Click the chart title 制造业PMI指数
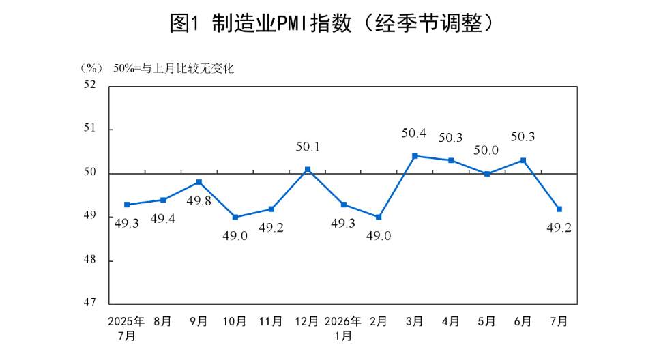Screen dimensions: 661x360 (282, 23)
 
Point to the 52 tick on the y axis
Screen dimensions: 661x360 (90, 85)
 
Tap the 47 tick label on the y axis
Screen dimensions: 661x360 (90, 302)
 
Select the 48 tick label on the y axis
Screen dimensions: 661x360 (90, 259)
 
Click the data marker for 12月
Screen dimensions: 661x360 (308, 170)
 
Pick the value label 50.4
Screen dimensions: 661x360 (413, 133)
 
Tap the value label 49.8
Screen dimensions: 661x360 (199, 200)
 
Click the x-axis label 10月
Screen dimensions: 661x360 (235, 321)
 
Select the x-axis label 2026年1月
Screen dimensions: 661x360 (343, 329)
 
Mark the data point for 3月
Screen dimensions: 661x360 (415, 156)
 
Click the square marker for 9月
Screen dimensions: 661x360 (199, 182)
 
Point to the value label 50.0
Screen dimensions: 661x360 (486, 150)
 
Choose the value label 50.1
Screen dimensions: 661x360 (308, 147)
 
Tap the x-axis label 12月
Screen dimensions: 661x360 (306, 321)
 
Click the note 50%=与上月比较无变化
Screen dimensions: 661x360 (173, 68)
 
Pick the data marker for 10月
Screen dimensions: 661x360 (235, 217)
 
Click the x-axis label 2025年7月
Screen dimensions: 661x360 (126, 329)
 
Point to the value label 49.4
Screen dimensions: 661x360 (163, 219)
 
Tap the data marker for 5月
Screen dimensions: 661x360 (487, 174)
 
